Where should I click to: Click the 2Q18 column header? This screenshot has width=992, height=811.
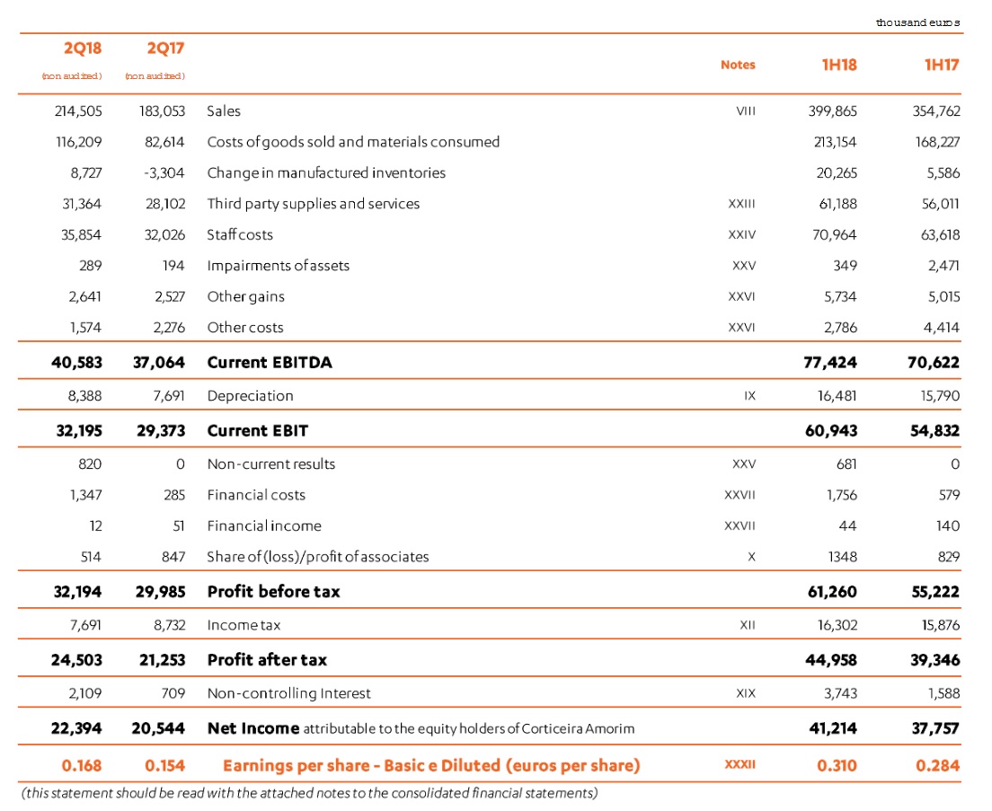(82, 48)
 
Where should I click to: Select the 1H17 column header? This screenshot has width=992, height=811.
(941, 65)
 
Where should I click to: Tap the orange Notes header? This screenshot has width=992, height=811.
(738, 65)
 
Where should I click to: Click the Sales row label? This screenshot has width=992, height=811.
(224, 111)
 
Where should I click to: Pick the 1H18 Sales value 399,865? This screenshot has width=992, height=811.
(833, 111)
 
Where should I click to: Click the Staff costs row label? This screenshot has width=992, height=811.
(240, 234)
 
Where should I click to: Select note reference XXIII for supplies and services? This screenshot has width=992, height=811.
(741, 204)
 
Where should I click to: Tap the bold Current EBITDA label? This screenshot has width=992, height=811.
(270, 363)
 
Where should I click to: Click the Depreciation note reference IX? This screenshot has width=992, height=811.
(749, 396)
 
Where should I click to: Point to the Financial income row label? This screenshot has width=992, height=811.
(264, 525)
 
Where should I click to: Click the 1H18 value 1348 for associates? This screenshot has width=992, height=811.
(842, 557)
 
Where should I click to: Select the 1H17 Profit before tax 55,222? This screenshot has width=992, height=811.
(934, 592)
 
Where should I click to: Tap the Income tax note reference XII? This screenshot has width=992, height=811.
(747, 625)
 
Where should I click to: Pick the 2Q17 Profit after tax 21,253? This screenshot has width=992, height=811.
(158, 659)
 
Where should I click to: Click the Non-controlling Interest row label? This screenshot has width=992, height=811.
(288, 693)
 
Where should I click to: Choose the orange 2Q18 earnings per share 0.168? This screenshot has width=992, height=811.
(81, 765)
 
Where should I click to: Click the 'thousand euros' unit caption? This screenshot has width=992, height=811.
(917, 22)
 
